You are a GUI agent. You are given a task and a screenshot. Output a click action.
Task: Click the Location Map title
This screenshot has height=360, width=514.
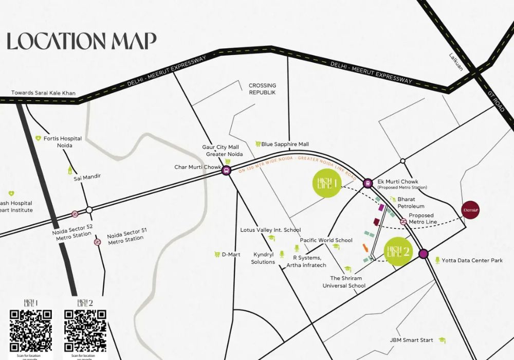pos(82,41)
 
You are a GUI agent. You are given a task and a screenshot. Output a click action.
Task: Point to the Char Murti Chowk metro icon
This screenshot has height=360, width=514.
pos(226,170)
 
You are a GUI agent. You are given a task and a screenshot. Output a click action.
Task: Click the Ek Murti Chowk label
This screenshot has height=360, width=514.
pos(398,182)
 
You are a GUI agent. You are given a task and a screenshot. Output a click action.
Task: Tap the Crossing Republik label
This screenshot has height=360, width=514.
pos(262,88)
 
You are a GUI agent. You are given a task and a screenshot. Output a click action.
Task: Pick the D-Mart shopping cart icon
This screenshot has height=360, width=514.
pos(217,254)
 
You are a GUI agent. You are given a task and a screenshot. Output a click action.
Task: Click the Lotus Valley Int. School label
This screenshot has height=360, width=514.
pos(270,230)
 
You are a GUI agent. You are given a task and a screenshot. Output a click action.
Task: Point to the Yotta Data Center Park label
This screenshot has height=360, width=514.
pos(472,261)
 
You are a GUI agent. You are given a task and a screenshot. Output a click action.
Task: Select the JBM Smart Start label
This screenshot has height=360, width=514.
pos(411,340)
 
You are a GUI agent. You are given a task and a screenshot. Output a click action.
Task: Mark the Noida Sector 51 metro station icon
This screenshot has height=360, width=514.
pos(97,242)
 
